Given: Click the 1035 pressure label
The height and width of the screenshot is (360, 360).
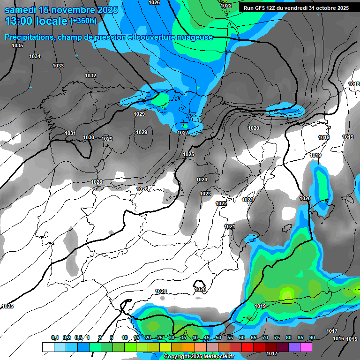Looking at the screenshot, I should pos(17,45).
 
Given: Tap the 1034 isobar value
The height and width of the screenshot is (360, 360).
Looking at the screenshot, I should pos(35,56).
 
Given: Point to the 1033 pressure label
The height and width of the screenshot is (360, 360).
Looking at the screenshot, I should pos(58,66).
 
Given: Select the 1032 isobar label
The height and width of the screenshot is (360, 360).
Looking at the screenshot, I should pos(90,75).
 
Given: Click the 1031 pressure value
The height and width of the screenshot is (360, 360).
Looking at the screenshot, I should pos(70,133).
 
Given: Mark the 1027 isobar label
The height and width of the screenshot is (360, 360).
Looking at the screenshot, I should pos(183,133).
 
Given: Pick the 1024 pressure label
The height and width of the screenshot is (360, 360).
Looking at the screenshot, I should pos(202,180).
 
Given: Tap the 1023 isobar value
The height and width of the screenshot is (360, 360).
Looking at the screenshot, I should pos(205,194).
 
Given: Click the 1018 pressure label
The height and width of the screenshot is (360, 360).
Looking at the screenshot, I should pos(354,84).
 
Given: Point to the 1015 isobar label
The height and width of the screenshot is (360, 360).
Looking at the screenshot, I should pos(352,338).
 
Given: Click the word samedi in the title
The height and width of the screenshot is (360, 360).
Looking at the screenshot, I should pos(21,9).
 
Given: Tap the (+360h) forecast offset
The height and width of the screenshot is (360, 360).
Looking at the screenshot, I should pos(83,21).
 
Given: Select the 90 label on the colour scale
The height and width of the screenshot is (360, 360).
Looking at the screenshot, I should pos(312,337).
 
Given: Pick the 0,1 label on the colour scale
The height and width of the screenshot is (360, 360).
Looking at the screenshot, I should pos(54,337).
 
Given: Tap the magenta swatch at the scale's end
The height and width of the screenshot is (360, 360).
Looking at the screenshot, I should pos(306,347).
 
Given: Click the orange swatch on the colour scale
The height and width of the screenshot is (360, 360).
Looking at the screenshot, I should pos(189,347).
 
